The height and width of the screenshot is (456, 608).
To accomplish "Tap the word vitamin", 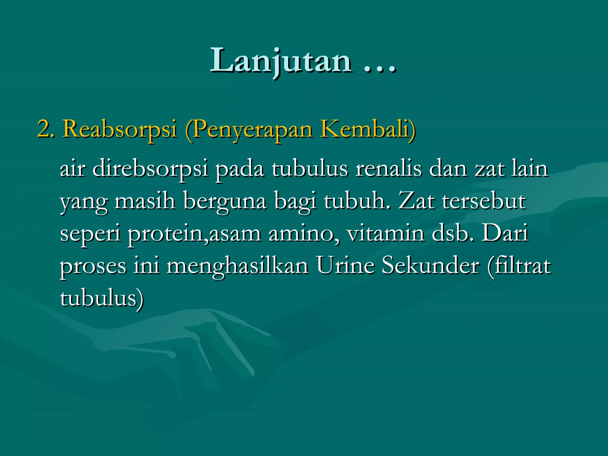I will click(386, 233).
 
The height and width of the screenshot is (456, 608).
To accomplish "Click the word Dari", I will click(504, 233).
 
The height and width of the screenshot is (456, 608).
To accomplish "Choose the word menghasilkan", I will click(237, 266).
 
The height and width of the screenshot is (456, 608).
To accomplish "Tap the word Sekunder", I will click(430, 265).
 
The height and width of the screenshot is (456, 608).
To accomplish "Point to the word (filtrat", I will click(519, 266).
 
